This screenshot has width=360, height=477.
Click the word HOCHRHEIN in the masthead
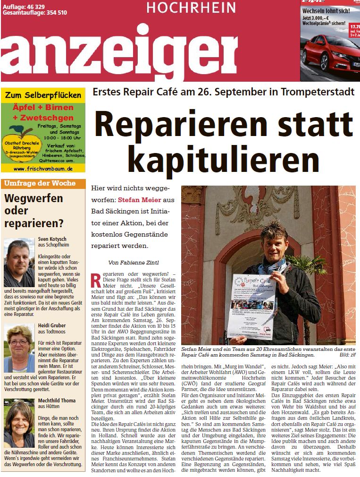click(191, 8)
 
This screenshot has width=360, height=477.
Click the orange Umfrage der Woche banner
click(43, 183)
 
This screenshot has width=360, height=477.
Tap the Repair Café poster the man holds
click(251, 306)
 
